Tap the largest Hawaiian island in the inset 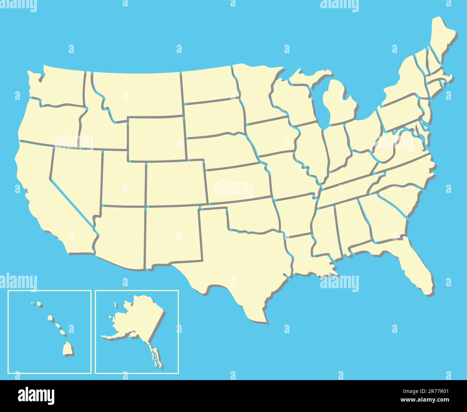68,348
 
